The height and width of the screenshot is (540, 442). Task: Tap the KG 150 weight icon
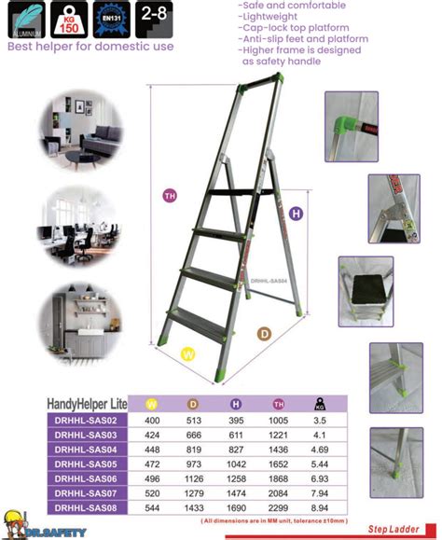pos(67,20)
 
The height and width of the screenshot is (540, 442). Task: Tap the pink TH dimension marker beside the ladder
pos(170,196)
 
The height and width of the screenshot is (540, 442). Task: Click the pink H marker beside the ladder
pos(297,214)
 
